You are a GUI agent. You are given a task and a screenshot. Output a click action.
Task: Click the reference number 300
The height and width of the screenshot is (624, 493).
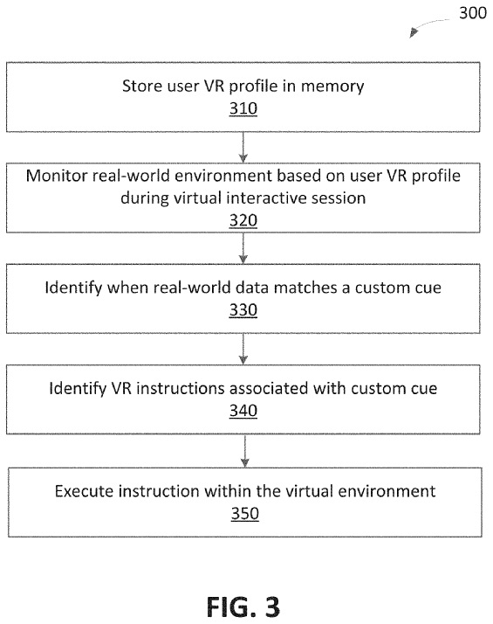[x=472, y=13]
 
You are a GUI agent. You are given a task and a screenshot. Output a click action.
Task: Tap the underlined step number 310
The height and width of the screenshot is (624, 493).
[x=243, y=108]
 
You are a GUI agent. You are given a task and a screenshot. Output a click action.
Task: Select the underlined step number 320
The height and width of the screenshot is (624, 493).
[x=243, y=220]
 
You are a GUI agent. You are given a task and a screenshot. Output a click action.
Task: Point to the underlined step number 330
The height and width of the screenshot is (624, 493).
[x=243, y=310]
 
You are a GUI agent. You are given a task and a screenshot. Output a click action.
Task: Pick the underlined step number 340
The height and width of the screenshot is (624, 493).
[x=243, y=411]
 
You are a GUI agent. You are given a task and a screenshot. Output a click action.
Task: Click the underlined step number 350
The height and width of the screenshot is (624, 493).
[x=244, y=514]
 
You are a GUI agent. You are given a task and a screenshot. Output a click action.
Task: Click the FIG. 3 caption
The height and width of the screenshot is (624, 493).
[x=243, y=607]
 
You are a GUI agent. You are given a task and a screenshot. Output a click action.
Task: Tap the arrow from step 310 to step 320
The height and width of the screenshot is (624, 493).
[x=243, y=147]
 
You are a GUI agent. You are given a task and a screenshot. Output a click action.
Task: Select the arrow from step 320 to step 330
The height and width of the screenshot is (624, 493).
[x=243, y=248]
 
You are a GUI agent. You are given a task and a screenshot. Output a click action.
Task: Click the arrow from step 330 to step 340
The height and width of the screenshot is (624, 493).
[x=243, y=349]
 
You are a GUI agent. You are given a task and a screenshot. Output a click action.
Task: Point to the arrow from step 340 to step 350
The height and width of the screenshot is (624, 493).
[x=244, y=451]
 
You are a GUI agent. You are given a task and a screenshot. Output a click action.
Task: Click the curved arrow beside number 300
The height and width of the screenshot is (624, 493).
[x=427, y=25]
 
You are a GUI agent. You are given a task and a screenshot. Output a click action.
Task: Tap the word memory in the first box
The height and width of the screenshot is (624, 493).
[x=332, y=87]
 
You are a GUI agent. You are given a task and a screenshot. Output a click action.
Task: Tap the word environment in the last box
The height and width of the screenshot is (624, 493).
[x=387, y=491]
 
